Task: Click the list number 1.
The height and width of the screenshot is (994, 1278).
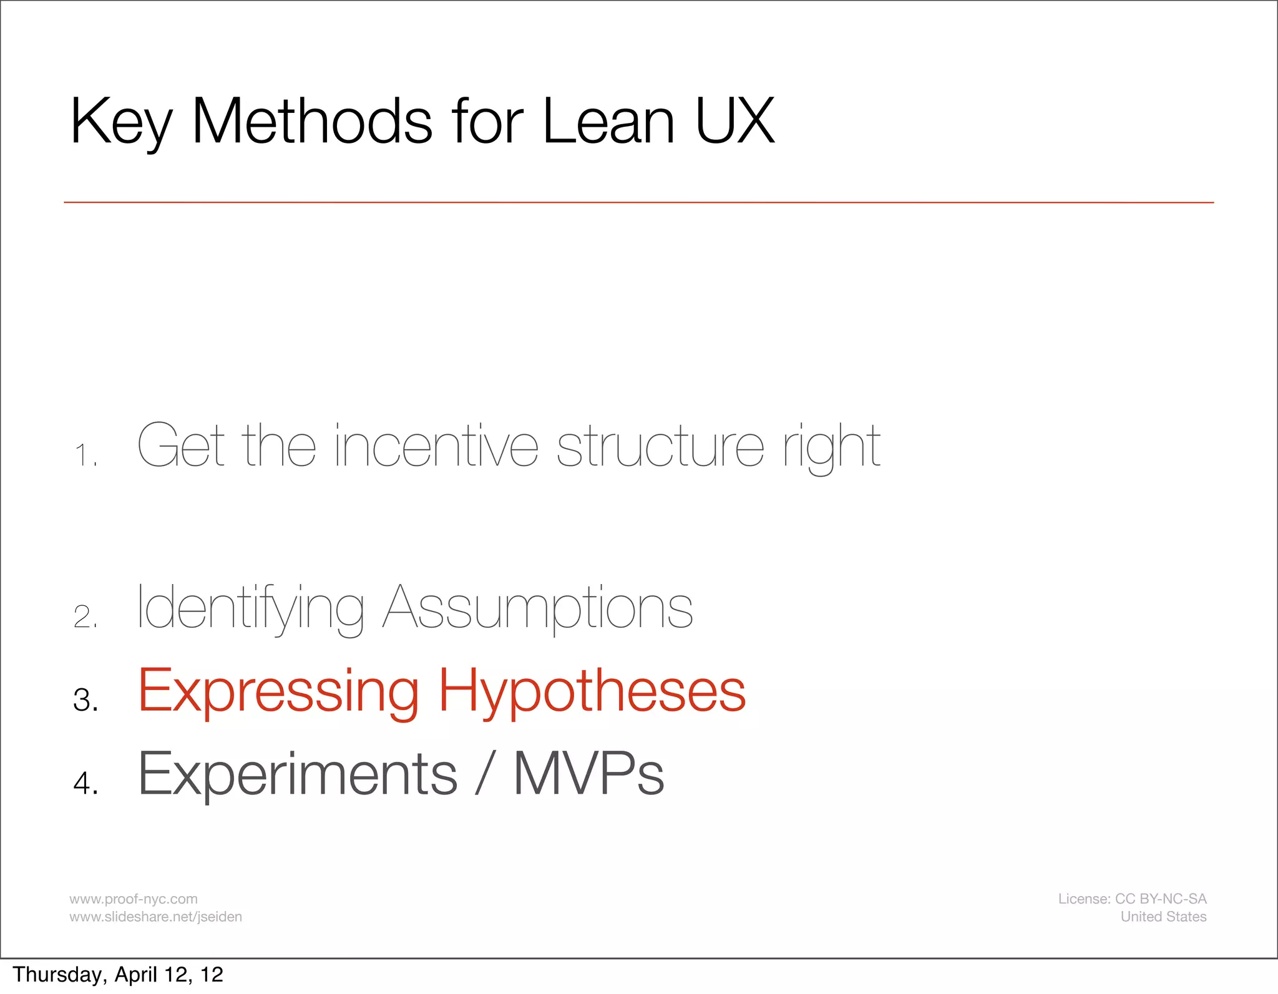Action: point(85,455)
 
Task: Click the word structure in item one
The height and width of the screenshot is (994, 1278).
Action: point(660,446)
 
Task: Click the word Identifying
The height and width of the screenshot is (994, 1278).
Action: point(250,608)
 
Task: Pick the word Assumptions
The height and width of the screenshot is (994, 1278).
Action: point(537,608)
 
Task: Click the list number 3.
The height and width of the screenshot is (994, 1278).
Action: point(85,699)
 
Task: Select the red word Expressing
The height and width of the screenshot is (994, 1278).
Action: point(278,691)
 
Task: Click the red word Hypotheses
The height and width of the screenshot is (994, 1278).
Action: point(592,691)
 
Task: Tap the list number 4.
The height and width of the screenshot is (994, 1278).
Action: point(85,782)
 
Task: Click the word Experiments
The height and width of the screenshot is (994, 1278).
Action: point(298,774)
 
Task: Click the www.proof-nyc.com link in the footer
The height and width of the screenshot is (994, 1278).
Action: point(133,899)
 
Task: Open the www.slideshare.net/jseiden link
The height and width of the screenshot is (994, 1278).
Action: point(155,917)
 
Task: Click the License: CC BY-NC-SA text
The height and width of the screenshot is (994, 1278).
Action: point(1132,899)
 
